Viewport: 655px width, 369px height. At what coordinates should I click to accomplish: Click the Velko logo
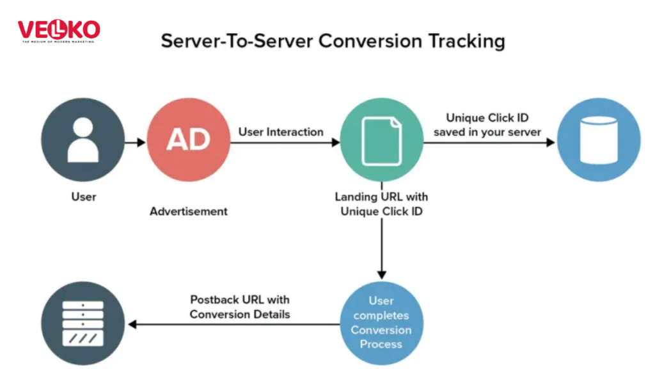pos(58,31)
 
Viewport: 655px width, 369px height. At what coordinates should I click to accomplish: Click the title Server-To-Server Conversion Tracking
pos(333,41)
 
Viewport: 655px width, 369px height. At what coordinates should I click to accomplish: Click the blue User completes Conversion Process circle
pos(381,323)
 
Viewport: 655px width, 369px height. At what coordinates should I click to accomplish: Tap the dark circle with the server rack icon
pos(83,324)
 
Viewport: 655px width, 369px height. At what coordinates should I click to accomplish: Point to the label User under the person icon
pos(84,197)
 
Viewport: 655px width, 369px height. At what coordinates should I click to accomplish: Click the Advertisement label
pos(189,211)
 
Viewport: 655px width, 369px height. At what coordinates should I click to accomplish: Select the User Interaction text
pos(281,132)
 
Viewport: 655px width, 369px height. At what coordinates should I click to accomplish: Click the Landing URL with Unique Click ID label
pos(381,204)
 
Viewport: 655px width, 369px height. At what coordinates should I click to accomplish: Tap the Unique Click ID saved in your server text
pos(487,125)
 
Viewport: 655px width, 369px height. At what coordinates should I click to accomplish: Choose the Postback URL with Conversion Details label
pos(240,307)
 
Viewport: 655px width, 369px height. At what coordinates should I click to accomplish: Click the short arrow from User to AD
pos(136,142)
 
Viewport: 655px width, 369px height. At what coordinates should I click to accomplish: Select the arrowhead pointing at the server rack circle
pos(133,324)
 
